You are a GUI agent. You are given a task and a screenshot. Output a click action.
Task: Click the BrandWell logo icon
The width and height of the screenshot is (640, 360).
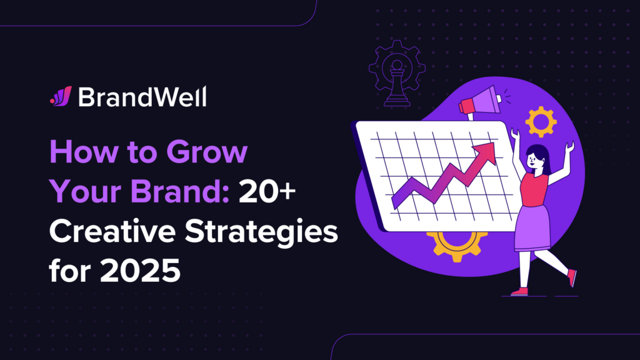coord(61,96)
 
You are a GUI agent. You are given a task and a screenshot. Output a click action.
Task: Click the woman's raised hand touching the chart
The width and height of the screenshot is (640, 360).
coord(514,134)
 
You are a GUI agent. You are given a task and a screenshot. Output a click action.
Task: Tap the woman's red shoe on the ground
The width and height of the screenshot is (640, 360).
coord(519,291)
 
